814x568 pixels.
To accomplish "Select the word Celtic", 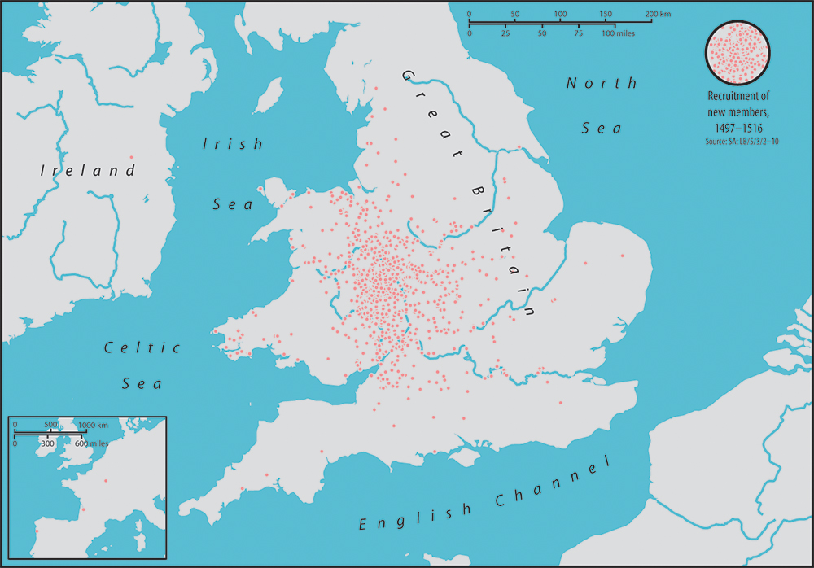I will click(143, 347).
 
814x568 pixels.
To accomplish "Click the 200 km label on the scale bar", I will click(659, 15).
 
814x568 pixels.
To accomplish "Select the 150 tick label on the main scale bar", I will click(605, 15).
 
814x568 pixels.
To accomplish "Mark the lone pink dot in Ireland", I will click(132, 157).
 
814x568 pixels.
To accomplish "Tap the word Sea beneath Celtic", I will click(143, 383).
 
